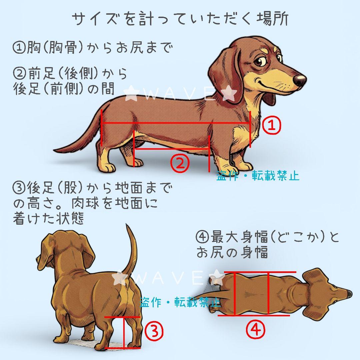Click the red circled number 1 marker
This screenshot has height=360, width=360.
point(272,125)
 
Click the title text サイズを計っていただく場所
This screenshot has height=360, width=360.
point(180,19)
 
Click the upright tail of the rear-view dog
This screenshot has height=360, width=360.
point(132,253)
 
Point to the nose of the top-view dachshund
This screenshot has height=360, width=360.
point(348,293)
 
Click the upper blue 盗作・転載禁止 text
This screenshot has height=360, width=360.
point(258,175)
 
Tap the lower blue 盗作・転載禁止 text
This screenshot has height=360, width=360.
point(180,302)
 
